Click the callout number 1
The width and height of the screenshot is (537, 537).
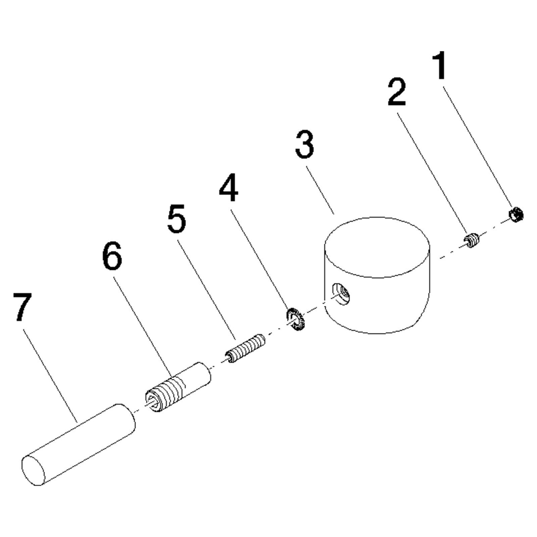440,65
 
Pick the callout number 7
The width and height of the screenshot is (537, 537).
23,307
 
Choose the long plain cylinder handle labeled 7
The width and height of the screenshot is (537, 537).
78,444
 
